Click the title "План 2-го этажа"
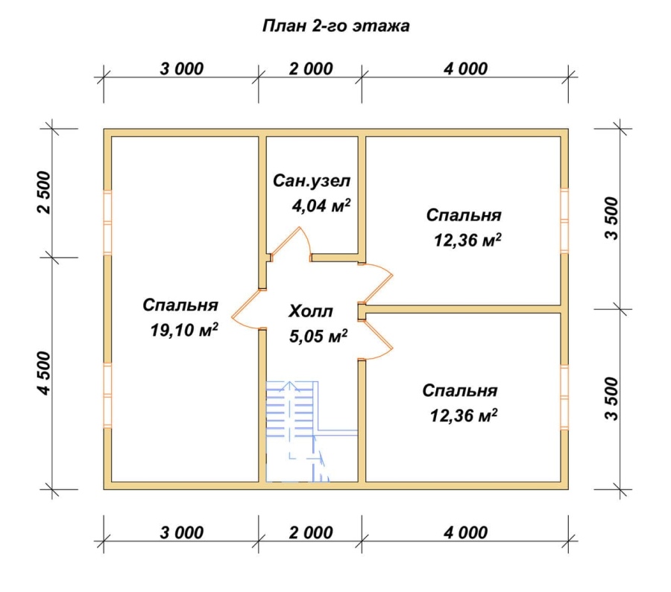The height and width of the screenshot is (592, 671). pos(336,26)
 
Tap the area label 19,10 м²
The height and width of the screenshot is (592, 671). pos(184,330)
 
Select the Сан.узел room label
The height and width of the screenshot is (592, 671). pos(312,181)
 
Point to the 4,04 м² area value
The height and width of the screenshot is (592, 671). pos(321,206)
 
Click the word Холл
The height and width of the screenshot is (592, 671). pos(311,311)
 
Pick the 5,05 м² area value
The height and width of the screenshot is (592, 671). pos(318,336)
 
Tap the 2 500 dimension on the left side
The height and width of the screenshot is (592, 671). pos(45,193)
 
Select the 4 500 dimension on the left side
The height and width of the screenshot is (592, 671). pos(45,373)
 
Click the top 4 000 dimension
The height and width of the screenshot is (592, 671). pos(465,69)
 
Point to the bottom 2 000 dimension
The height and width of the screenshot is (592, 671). pos(311,532)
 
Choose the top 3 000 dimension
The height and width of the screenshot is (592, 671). pos(181,69)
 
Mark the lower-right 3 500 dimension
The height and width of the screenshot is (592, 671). pos(613,399)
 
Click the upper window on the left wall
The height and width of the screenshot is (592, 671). pos(107,222)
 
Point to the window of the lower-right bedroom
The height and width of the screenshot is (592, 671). pos(564,397)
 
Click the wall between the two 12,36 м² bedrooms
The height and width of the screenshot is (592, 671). pos(464,309)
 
